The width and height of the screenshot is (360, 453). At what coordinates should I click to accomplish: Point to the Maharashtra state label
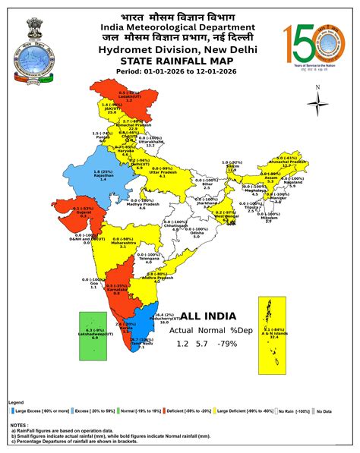coord(122,243)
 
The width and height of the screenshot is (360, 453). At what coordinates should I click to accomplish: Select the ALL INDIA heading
coord(207,316)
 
